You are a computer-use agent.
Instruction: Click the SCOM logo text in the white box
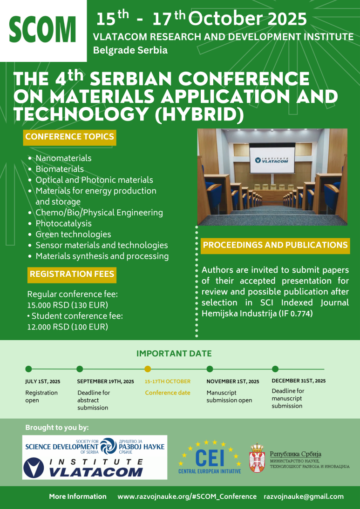pos(42,30)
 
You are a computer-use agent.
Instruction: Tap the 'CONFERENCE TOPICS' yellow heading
pos(69,137)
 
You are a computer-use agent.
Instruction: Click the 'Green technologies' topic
pos(74,234)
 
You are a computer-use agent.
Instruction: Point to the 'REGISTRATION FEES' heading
pos(72,275)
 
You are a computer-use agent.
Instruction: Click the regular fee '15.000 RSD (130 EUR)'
pos(68,305)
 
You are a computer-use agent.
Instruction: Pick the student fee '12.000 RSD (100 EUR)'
pos(68,327)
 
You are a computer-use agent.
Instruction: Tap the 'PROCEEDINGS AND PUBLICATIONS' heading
pos(275,245)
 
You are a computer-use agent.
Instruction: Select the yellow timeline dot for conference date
pos(148,369)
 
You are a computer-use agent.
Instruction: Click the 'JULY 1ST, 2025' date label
pos(43,382)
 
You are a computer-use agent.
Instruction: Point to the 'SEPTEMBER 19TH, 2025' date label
pos(106,382)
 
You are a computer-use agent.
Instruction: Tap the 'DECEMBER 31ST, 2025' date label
pos(299,381)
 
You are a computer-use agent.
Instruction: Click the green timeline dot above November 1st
pos(210,369)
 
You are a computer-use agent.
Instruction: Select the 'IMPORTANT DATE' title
pos(174,354)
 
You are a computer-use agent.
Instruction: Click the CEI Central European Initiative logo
pos(210,457)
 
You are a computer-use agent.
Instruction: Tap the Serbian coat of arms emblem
pos(257,458)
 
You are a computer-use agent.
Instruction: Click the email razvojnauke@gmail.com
pos(304,496)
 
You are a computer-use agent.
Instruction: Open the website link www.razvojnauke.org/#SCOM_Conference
pos(187,496)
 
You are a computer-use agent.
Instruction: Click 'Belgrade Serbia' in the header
pos(130,50)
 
